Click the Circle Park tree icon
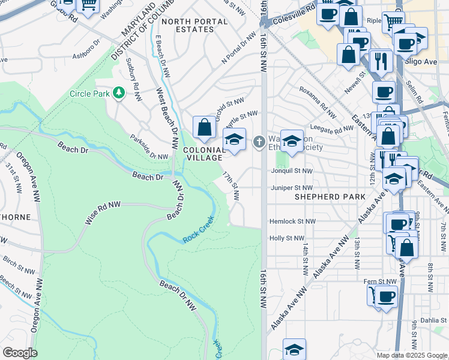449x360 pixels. click(x=119, y=93)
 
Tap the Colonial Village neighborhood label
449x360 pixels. click(x=203, y=155)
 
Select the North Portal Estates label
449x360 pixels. click(x=194, y=25)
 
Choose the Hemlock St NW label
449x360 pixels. click(x=292, y=221)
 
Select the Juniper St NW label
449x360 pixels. click(x=292, y=188)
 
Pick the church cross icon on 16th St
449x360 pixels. click(x=259, y=142)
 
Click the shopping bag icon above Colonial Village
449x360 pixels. click(x=204, y=127)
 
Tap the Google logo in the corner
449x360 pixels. click(x=20, y=353)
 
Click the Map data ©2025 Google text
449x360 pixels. click(x=411, y=355)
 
